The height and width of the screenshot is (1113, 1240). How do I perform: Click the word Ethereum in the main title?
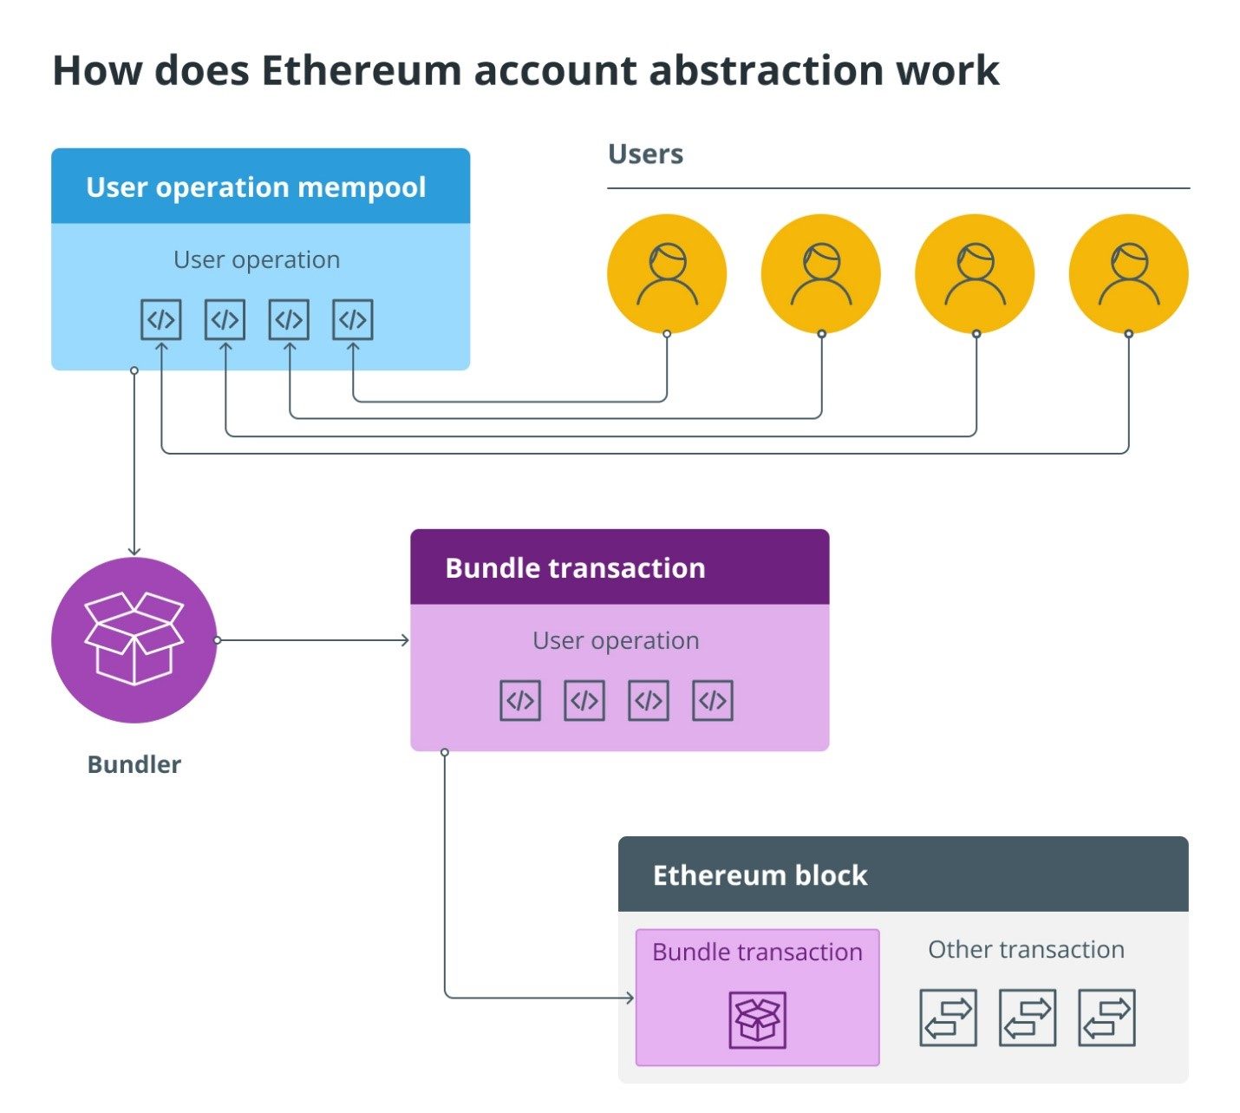(x=361, y=70)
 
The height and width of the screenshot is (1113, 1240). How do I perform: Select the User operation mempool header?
(x=256, y=187)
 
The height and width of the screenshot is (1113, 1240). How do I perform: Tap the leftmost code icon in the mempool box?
(x=161, y=320)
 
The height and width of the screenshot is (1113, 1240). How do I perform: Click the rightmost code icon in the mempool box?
(x=353, y=320)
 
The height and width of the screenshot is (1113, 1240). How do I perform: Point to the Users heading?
(x=645, y=154)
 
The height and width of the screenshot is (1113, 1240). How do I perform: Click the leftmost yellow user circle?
(x=667, y=273)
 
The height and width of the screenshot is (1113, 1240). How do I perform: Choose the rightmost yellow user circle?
(x=1128, y=273)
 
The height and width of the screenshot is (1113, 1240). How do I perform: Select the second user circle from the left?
(x=820, y=273)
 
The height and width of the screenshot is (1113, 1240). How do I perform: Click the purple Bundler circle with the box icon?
(x=134, y=640)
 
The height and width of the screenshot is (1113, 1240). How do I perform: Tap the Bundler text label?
(x=134, y=764)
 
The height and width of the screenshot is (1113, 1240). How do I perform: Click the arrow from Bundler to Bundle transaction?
(x=312, y=640)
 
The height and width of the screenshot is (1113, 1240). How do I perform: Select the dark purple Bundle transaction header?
(x=619, y=567)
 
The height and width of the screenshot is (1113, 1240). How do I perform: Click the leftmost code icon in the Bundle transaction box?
(x=520, y=701)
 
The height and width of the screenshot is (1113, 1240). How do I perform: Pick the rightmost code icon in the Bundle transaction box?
(x=713, y=701)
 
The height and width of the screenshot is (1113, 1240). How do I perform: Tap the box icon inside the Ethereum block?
(x=758, y=1019)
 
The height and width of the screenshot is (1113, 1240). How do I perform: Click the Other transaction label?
(x=1026, y=950)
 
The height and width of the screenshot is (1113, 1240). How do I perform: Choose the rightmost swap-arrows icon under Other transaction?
(x=1106, y=1018)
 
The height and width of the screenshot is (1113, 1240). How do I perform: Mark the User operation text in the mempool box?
(x=257, y=260)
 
